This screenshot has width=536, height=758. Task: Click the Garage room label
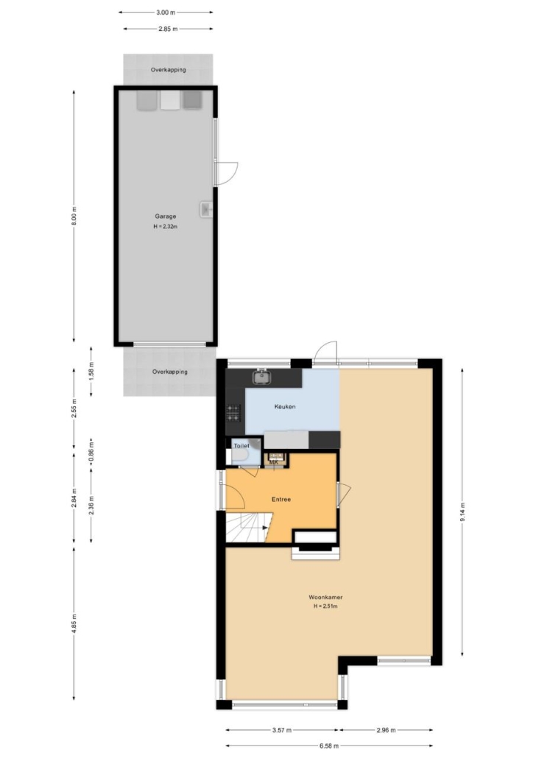pos(166,216)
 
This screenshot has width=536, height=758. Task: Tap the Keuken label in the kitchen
pos(285,406)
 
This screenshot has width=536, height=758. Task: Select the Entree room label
pos(281,500)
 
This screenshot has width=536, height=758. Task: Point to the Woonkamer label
pos(325,597)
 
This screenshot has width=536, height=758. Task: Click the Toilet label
pos(241,446)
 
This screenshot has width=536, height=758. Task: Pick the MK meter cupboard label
pos(274,462)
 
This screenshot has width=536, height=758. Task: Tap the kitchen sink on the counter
pos(261,377)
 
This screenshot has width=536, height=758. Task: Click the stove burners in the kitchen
pos(233,412)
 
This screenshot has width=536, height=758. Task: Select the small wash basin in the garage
pos(206,209)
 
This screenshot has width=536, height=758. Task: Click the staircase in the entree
pos(247,528)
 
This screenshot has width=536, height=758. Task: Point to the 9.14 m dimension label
pos(463,512)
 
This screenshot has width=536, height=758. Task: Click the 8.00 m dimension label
pos(74,216)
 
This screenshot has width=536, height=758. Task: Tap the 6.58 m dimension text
pos(329,746)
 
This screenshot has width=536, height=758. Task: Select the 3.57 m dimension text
pos(282,730)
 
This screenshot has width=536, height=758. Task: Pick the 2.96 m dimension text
pos(386,730)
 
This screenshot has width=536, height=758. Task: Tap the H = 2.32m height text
pos(166,226)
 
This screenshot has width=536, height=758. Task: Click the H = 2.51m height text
pos(325,606)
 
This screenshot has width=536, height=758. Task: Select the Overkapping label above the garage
pos(169,70)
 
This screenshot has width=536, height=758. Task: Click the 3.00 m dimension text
pos(166,12)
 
